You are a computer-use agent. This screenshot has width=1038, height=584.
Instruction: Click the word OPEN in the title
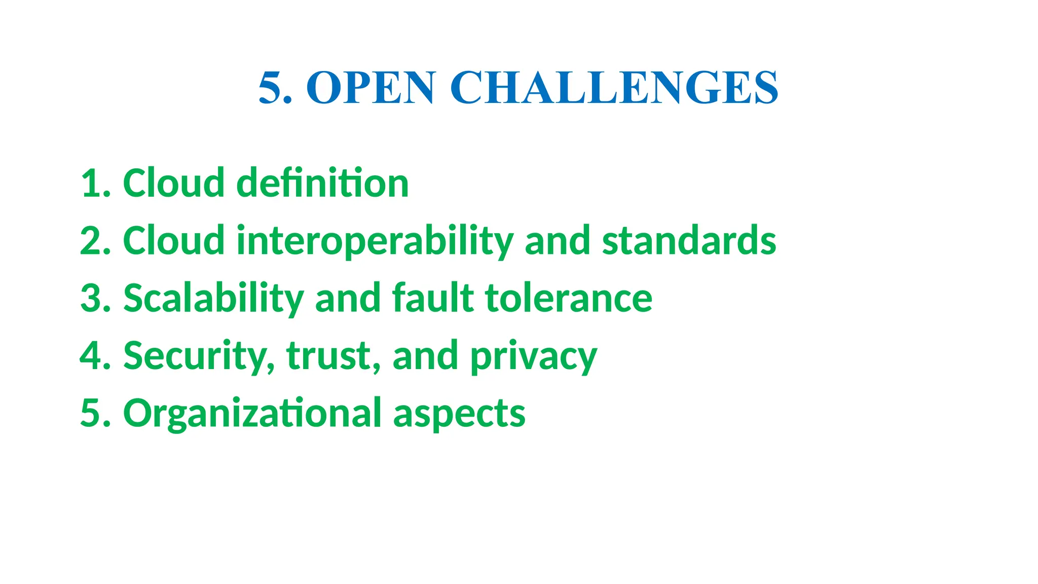click(x=370, y=88)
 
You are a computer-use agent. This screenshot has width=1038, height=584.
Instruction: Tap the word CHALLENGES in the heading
click(x=614, y=88)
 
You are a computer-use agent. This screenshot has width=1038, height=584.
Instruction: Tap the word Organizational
click(x=252, y=413)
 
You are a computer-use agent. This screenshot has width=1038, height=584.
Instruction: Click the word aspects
click(x=459, y=413)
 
